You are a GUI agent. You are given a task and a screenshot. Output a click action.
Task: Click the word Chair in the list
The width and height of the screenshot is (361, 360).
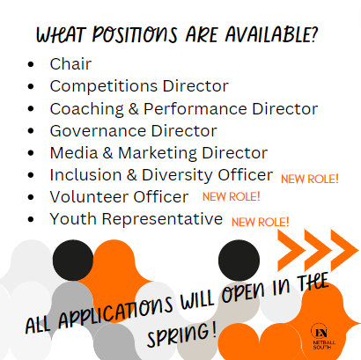tap(70, 63)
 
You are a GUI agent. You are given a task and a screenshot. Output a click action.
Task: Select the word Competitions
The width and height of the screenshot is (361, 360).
tap(104, 86)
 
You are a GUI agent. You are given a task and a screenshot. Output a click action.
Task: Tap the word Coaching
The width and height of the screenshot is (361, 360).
tap(87, 109)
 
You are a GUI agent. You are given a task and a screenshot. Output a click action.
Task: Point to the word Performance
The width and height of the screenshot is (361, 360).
tap(195, 109)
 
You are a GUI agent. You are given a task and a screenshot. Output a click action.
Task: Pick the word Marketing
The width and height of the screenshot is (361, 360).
tap(158, 153)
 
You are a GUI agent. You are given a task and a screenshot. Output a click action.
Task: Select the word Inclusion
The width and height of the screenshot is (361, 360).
tap(85, 175)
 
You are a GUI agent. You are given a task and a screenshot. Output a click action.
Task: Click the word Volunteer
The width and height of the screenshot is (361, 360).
tap(89, 197)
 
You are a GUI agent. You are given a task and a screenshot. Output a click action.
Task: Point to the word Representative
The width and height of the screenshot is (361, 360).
tap(162, 219)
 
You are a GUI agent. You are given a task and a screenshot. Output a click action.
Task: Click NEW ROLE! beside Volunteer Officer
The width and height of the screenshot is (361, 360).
tap(232, 196)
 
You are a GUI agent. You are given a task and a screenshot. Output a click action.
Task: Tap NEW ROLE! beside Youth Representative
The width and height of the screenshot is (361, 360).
tap(261, 222)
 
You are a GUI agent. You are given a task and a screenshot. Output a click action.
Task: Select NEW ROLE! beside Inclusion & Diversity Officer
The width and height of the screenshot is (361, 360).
tap(310, 179)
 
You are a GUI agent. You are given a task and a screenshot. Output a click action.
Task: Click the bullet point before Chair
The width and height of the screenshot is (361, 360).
tap(31, 64)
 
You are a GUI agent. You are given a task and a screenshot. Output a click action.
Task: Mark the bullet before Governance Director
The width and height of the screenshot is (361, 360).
tap(31, 131)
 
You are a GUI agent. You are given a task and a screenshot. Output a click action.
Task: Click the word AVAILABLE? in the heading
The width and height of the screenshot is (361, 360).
tap(271, 34)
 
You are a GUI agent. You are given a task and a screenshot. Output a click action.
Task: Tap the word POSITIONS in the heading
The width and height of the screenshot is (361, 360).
tap(135, 34)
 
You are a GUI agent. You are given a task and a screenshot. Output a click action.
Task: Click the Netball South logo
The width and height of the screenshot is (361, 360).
tap(323, 336)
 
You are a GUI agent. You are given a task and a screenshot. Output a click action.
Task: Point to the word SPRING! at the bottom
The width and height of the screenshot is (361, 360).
tap(182, 334)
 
